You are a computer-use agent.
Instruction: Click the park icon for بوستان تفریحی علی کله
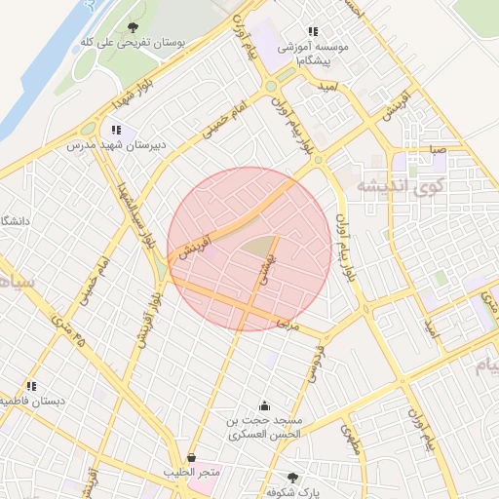(133, 27)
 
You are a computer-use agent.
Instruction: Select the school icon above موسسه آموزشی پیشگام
(313, 31)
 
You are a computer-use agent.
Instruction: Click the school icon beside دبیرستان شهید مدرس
(117, 131)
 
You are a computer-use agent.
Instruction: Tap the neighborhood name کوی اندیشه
(401, 184)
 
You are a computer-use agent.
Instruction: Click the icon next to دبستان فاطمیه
(32, 386)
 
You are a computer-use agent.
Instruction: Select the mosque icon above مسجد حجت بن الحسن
(264, 405)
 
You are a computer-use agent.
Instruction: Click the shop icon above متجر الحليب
(191, 457)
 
